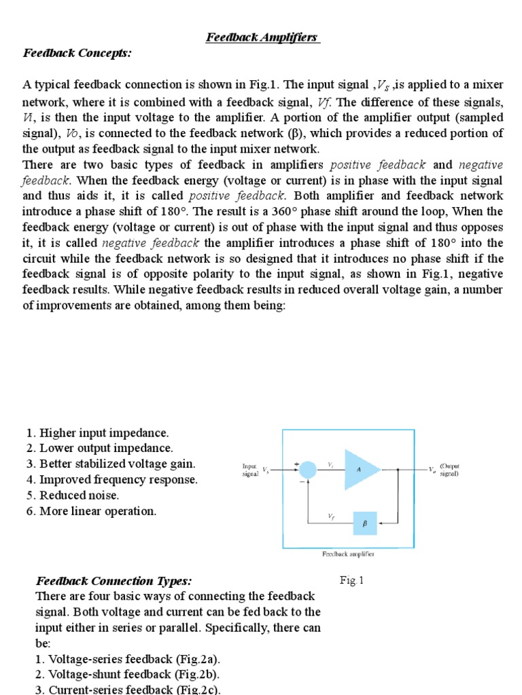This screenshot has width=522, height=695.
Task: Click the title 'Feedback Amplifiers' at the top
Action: (263, 37)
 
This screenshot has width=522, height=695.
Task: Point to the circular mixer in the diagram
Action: (308, 469)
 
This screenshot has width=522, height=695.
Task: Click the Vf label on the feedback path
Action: (331, 516)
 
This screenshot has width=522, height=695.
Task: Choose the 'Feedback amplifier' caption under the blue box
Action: (349, 554)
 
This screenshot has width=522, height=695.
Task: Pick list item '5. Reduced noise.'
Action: (73, 495)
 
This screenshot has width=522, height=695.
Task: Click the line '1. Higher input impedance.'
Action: (98, 433)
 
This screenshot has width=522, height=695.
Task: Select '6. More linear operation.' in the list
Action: (92, 511)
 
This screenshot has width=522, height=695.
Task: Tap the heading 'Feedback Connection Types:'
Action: (114, 581)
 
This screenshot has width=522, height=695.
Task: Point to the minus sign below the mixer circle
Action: (300, 482)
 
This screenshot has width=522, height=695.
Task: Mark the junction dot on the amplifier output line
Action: (400, 469)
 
